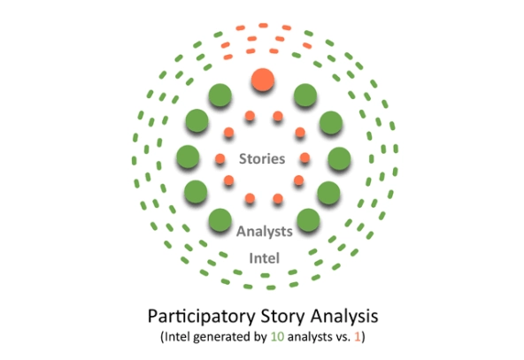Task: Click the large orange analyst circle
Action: tap(263, 80)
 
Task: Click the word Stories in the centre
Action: tap(262, 158)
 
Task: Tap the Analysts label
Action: tap(265, 231)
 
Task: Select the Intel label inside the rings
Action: tap(265, 258)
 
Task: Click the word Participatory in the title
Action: tap(201, 317)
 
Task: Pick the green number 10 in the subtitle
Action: tap(277, 337)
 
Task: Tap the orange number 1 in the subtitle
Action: tap(358, 337)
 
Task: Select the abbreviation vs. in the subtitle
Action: tap(342, 337)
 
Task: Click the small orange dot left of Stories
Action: tap(220, 158)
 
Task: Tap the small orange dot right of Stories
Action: tap(304, 157)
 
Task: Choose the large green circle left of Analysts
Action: tap(220, 220)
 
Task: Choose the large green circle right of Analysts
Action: tap(308, 220)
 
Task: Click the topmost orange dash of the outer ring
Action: tap(263, 26)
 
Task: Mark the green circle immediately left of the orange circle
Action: tap(220, 96)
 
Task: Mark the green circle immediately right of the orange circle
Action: tap(305, 96)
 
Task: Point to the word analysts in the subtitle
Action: tap(310, 337)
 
